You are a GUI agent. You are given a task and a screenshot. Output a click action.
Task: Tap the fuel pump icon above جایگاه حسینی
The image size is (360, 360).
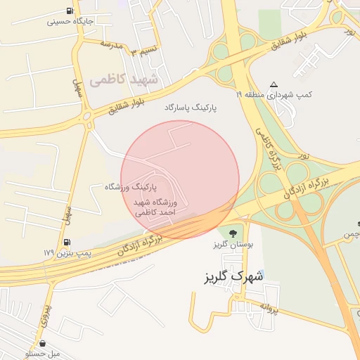(x=69, y=11)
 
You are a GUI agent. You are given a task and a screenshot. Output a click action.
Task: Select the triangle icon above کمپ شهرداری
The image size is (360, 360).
(x=274, y=83)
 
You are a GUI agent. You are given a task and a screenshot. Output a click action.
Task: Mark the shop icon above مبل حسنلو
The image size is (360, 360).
(x=44, y=345)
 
